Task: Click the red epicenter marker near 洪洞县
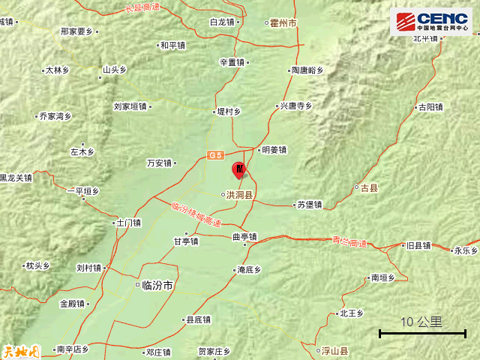pos(239,170)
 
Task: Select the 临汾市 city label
pos(157,285)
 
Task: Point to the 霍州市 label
pos(282,24)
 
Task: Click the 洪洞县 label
pos(239,195)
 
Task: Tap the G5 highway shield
pos(216,155)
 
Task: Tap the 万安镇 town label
pos(160,163)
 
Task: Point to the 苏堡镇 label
pos(309,204)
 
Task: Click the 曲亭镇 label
pos(244,237)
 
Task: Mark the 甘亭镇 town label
pos(186,241)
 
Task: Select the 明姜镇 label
pos(274,149)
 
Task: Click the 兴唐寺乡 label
pos(295,106)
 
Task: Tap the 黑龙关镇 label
pos(16,178)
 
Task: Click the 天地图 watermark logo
pos(19,350)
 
